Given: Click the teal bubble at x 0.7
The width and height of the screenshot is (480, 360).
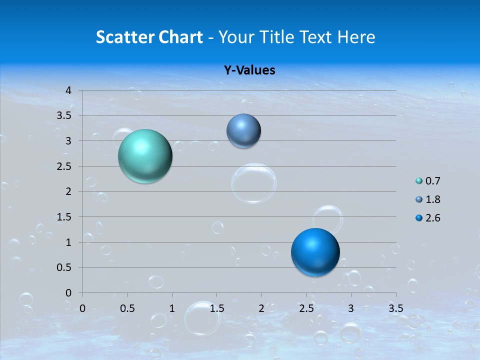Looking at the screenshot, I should pos(145,156).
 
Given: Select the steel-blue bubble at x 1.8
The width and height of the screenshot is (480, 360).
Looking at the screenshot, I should pos(243,131).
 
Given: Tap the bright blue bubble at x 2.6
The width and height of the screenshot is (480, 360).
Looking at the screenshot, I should pos(315,252).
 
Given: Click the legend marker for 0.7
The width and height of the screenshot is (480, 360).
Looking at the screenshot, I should pos(419,181).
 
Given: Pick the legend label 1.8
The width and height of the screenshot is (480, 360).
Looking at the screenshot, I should pos(432,199).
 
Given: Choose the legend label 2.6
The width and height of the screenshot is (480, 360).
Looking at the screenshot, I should pos(432,218).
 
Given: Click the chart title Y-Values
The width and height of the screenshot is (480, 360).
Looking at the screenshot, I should pos(249,70).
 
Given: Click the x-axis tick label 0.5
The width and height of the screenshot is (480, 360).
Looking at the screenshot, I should pos(127,308).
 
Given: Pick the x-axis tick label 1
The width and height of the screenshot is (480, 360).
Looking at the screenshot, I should pos(172,308).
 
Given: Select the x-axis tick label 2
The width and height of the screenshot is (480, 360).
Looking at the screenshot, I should pos(261,308).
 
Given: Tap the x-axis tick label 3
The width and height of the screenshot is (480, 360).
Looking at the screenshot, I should pos(351,308).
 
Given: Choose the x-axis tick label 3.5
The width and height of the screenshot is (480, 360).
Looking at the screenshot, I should pos(395,308).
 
